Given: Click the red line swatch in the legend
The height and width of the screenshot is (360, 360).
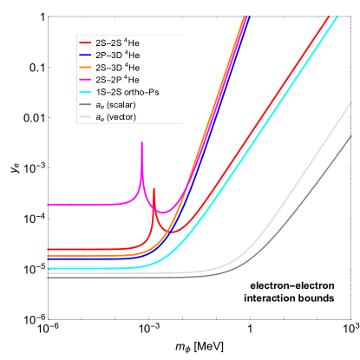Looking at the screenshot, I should coord(86,42).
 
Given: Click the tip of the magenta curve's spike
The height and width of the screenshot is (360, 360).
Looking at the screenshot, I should coord(141,143).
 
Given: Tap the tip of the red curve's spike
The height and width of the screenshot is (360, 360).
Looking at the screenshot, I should coord(154,188).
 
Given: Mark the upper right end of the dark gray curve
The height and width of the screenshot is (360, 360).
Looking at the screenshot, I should coord(351,135).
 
